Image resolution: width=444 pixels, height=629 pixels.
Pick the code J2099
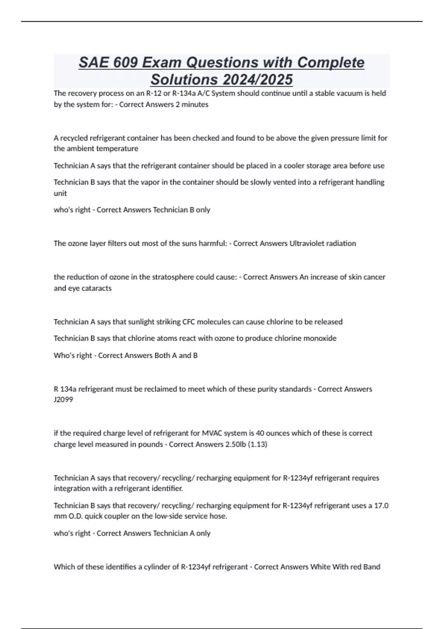(63, 400)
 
